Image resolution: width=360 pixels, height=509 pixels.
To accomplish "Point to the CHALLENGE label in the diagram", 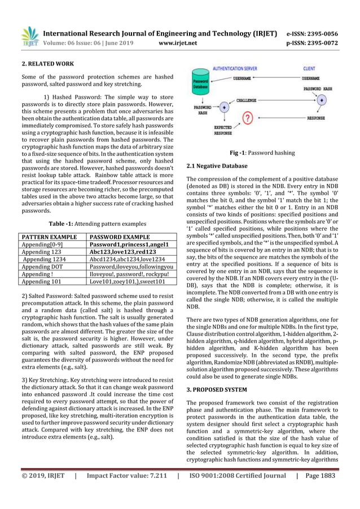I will tap(247, 100).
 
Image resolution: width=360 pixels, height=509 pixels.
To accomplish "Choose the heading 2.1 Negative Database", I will tap(217, 166).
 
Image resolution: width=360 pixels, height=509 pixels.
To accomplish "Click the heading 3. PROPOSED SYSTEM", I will tap(217, 389).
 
